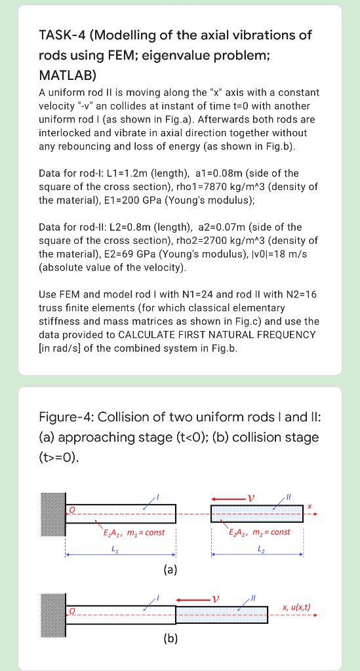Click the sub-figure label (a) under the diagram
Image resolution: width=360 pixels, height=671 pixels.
pyautogui.click(x=170, y=569)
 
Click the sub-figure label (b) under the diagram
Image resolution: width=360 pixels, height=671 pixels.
pyautogui.click(x=170, y=638)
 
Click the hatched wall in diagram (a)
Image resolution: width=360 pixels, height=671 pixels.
pyautogui.click(x=52, y=513)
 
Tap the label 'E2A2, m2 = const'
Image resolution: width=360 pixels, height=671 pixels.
pyautogui.click(x=260, y=531)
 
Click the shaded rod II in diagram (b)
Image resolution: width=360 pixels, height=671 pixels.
pyautogui.click(x=222, y=615)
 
